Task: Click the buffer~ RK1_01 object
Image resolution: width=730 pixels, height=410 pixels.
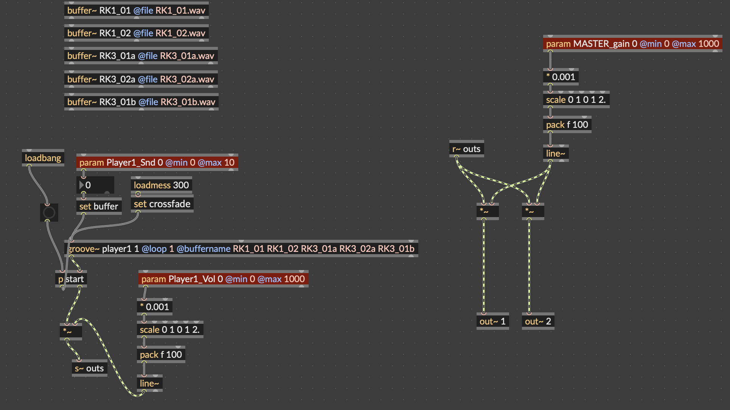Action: (x=137, y=10)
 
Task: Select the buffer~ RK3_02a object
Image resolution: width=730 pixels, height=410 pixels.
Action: (x=141, y=79)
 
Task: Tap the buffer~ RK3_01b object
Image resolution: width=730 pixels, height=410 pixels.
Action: (x=141, y=102)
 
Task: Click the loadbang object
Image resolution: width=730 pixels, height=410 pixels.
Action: (x=43, y=158)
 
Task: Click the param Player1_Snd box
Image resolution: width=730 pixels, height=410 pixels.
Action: (x=157, y=162)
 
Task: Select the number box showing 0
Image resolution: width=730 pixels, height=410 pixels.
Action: (x=95, y=185)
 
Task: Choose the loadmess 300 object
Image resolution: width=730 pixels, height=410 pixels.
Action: (x=162, y=185)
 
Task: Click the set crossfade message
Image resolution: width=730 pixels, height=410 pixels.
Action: (x=162, y=204)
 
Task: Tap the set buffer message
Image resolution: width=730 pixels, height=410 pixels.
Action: (x=99, y=206)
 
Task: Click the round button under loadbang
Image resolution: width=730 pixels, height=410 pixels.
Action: (x=49, y=213)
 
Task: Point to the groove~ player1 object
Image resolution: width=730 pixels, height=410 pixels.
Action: (x=241, y=248)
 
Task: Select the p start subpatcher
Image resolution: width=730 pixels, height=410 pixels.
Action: (x=71, y=279)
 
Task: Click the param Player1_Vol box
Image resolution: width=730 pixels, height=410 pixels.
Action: (x=223, y=279)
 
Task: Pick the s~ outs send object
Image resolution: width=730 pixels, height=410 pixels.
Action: (x=89, y=368)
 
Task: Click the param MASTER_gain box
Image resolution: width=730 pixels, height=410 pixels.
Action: (x=632, y=43)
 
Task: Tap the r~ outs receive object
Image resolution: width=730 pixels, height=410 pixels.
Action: (x=466, y=149)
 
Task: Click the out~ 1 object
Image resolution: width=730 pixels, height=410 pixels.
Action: (x=492, y=321)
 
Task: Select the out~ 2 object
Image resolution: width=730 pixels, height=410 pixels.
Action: (x=538, y=321)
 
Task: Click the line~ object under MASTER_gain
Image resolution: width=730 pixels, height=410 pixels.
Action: (x=556, y=153)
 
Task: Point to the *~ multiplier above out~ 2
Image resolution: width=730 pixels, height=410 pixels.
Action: (x=533, y=211)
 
